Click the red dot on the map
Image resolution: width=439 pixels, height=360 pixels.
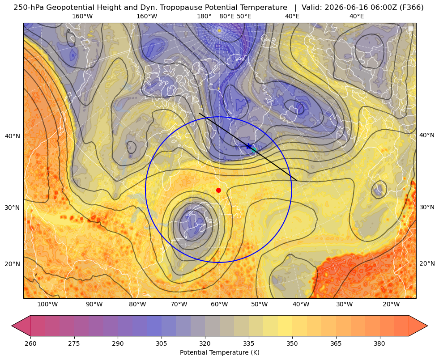pos(219,190)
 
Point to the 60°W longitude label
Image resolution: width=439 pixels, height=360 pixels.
pos(219,304)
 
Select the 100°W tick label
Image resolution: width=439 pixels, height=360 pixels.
pos(47,304)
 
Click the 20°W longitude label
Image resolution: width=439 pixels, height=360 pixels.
pos(391,304)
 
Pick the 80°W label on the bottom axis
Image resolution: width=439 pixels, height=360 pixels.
pos(137,304)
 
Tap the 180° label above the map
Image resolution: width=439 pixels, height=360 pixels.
pos(204,16)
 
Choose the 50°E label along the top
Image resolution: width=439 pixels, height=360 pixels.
pos(244,16)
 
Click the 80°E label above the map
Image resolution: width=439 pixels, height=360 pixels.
pos(227,16)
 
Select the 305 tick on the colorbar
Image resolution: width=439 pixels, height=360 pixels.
pos(161,343)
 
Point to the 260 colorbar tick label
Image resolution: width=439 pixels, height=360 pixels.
pos(30,343)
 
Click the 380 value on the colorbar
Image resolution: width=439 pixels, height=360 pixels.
pos(379,343)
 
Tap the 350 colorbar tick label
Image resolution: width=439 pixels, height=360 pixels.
pos(292,343)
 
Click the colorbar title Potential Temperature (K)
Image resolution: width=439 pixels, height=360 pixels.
pos(219,352)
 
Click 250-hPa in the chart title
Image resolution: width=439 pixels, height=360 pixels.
pos(28,7)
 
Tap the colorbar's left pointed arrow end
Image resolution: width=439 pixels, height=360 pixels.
pos(12,326)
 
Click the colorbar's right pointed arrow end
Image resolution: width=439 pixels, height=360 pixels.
pos(427,326)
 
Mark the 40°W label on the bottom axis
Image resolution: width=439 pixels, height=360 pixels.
pos(301,304)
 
